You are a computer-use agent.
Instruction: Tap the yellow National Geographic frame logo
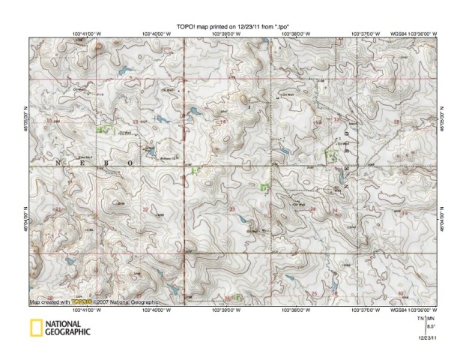pyautogui.click(x=34, y=328)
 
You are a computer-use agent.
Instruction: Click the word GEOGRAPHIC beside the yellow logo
pyautogui.click(x=67, y=331)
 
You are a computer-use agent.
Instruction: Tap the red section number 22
pyautogui.click(x=145, y=211)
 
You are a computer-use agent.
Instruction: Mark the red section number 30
pyautogui.click(x=401, y=292)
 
